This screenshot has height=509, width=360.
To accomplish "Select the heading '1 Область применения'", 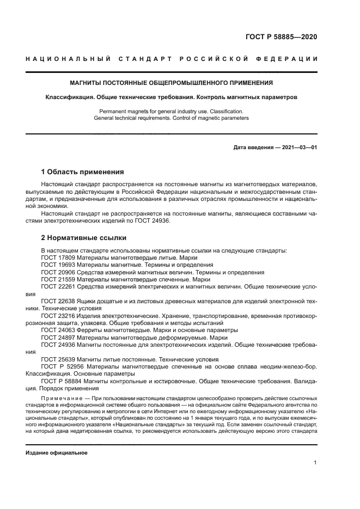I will [83, 171].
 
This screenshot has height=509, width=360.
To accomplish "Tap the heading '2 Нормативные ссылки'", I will [84, 237].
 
